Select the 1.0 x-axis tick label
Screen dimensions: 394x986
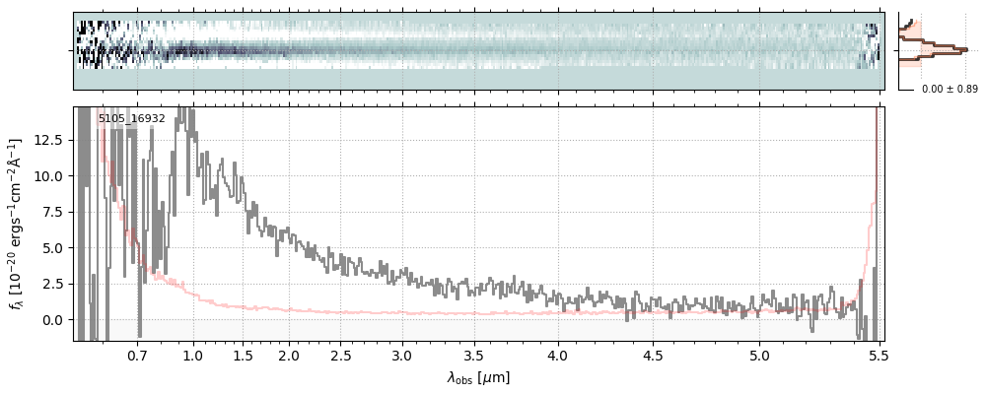[193, 355]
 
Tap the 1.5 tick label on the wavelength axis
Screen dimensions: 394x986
[243, 355]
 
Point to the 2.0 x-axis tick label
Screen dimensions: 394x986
[289, 355]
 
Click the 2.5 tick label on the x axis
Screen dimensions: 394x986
[341, 355]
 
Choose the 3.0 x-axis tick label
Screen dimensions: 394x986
[401, 355]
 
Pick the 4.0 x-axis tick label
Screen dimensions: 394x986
[558, 355]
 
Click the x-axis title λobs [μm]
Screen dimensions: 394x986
[478, 377]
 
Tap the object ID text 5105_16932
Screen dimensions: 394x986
[131, 118]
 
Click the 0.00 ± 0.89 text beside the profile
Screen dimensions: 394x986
[950, 89]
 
